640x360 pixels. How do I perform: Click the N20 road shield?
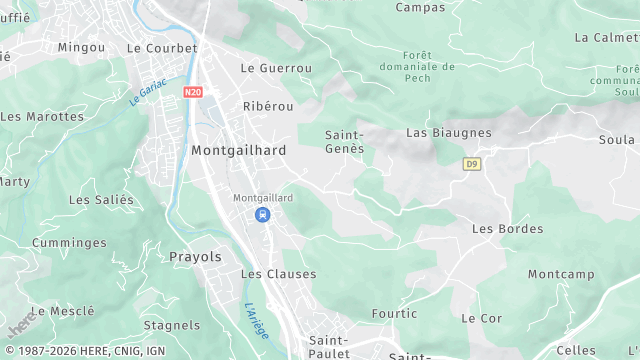tap(193, 92)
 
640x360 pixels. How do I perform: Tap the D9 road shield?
tap(471, 163)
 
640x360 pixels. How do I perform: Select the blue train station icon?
tap(262, 215)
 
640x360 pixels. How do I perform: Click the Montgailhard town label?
tap(238, 150)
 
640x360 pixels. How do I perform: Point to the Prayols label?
tap(196, 257)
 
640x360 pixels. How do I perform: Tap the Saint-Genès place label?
tap(344, 140)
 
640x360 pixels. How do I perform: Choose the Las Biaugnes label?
tap(448, 132)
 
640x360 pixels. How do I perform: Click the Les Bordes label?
tap(500, 229)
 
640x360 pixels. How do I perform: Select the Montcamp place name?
tap(561, 274)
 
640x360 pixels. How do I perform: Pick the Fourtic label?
tap(394, 313)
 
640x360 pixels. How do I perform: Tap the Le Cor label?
tap(481, 318)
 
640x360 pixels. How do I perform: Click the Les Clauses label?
tap(278, 274)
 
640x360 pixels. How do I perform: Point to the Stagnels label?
tap(172, 325)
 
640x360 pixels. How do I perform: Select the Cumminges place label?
tap(69, 243)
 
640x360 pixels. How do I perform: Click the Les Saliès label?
tap(100, 200)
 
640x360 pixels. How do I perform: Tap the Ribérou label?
tap(265, 105)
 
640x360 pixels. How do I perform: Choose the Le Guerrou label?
tap(276, 68)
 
